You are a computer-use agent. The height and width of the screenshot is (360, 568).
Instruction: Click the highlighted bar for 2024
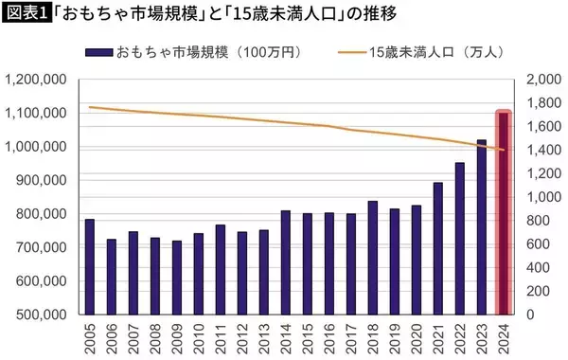pyautogui.click(x=504, y=213)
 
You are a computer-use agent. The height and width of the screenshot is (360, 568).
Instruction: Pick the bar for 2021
pyautogui.click(x=438, y=248)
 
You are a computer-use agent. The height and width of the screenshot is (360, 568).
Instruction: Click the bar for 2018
pyautogui.click(x=373, y=257)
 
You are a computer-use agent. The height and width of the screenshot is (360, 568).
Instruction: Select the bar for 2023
pyautogui.click(x=482, y=226)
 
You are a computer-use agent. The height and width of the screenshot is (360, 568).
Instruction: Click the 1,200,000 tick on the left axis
pyautogui.click(x=37, y=80)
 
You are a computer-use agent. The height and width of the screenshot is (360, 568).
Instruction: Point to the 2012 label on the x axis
pyautogui.click(x=242, y=336)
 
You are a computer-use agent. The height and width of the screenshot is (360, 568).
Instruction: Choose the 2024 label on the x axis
pyautogui.click(x=504, y=336)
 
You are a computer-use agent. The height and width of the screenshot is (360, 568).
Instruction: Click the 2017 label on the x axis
pyautogui.click(x=351, y=336)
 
